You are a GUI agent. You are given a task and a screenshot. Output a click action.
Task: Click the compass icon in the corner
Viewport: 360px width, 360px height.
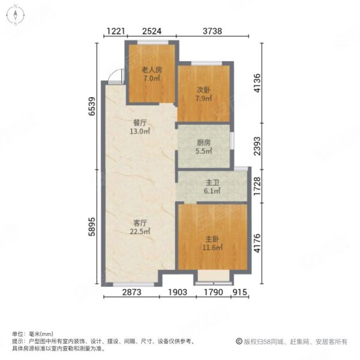(x=16, y=15)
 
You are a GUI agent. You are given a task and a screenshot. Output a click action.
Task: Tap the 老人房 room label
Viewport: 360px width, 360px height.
(x=152, y=70)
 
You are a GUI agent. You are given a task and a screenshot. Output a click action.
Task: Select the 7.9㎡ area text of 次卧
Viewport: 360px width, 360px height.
(x=203, y=98)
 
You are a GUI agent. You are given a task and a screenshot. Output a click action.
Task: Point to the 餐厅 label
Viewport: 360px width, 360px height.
(x=140, y=123)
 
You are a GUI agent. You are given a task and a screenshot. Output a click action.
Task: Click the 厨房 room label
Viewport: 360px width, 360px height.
(x=203, y=143)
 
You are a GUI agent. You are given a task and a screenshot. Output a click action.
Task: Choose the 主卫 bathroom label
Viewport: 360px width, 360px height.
(x=212, y=183)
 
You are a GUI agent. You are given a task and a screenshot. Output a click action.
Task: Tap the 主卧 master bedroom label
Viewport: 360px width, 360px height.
(x=212, y=239)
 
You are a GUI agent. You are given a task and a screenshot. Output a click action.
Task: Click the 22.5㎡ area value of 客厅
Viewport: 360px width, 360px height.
(x=140, y=232)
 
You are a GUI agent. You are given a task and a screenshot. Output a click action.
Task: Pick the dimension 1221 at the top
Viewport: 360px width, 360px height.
(x=116, y=31)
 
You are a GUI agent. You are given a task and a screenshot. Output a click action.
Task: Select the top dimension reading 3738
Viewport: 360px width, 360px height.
(x=212, y=31)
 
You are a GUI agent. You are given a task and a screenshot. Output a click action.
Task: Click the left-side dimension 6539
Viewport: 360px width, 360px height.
(x=92, y=106)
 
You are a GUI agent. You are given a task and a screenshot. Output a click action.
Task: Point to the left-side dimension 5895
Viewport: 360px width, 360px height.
(x=92, y=227)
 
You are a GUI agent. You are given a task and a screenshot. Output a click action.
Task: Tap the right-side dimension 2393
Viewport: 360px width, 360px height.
(x=258, y=146)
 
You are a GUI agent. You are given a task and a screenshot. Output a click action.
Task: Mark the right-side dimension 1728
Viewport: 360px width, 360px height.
(x=258, y=186)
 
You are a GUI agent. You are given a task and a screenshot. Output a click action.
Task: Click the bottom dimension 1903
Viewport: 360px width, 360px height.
(x=178, y=292)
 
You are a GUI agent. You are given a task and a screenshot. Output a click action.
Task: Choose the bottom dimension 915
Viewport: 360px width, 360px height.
(x=240, y=292)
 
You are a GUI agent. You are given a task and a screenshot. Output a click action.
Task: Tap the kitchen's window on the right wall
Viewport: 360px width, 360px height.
(x=232, y=140)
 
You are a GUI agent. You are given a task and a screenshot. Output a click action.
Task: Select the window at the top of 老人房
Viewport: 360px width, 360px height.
(x=152, y=43)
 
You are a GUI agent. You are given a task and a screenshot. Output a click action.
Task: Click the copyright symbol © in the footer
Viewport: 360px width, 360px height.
(x=239, y=341)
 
